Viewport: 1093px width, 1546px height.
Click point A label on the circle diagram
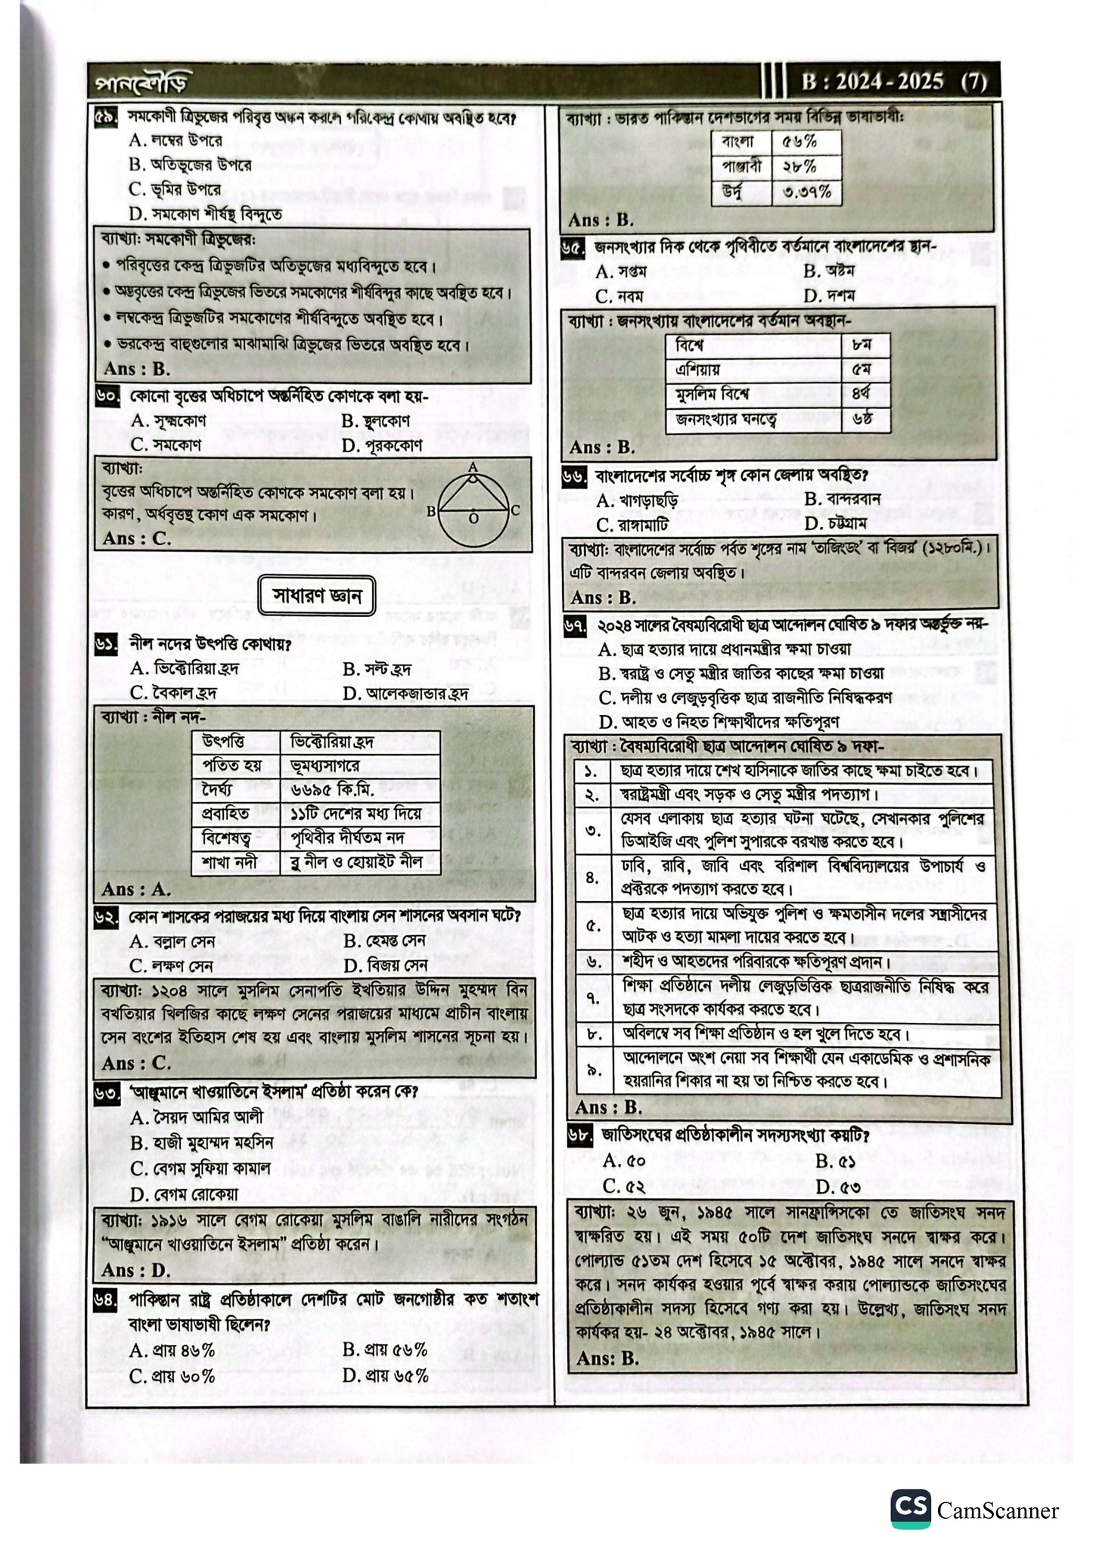pos(473,467)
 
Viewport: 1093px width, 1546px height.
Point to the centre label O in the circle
pos(473,519)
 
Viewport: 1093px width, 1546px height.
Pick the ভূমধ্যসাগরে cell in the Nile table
pos(359,766)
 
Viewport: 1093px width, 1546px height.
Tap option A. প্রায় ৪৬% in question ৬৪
pos(172,1349)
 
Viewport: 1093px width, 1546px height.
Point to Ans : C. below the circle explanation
pos(137,538)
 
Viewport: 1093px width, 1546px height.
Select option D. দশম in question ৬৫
pos(830,296)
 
